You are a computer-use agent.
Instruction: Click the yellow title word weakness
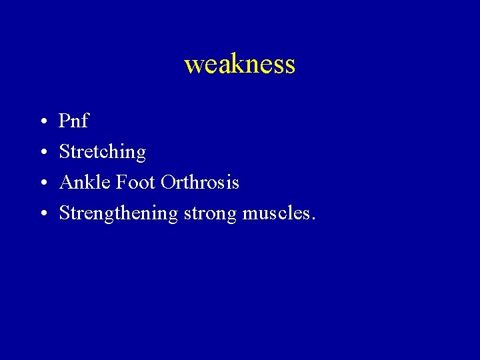[239, 65]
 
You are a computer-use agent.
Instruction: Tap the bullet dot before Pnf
[42, 122]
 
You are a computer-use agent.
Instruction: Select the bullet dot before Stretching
[42, 153]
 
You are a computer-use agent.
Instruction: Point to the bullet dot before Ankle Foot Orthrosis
[42, 183]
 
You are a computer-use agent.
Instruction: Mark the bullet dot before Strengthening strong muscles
[42, 214]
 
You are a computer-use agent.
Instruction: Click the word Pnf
[73, 121]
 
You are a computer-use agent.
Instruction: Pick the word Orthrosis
[199, 182]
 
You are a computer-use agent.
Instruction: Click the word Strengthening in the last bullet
[118, 214]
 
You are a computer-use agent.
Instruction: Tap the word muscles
[276, 213]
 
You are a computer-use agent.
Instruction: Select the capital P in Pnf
[65, 121]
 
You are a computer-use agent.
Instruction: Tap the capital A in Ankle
[65, 182]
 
